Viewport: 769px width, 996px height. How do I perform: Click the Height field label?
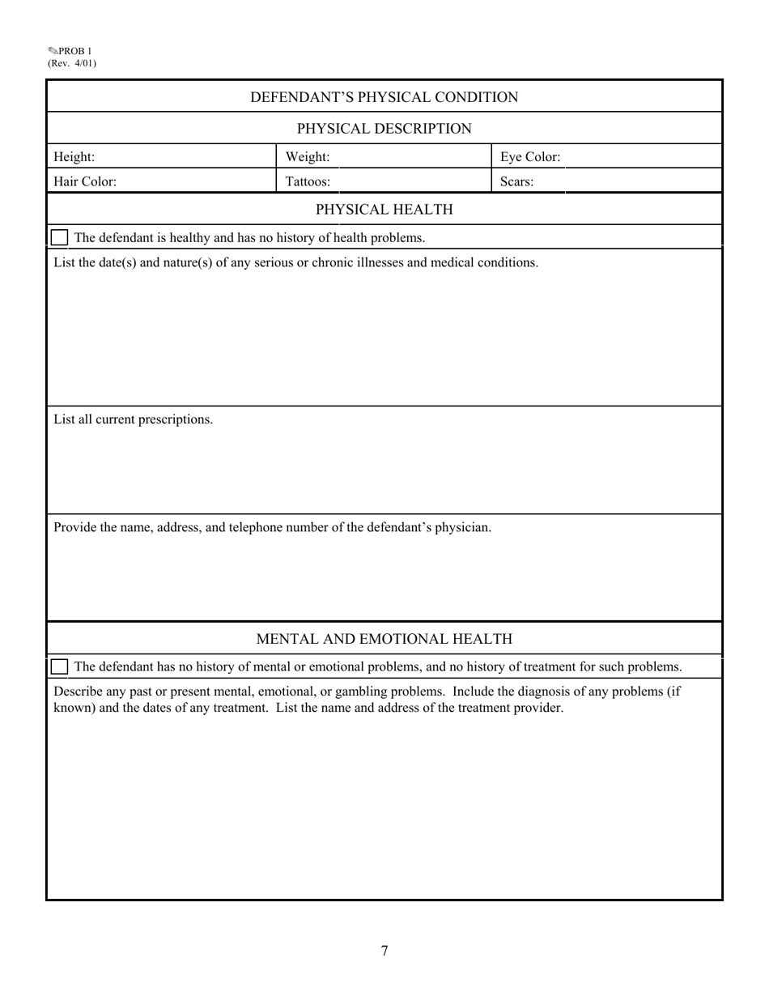coord(74,157)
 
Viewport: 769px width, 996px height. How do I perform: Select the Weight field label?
coord(308,157)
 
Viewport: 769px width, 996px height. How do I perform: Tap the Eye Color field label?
coord(530,157)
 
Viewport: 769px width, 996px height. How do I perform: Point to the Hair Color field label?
coord(85,181)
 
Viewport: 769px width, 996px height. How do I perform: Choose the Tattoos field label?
coord(308,181)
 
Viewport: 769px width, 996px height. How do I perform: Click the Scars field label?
coord(516,181)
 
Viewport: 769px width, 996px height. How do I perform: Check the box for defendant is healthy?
coord(59,237)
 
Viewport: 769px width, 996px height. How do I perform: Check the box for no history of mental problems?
coord(59,666)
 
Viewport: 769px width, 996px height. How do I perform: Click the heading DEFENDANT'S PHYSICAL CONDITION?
coord(384,97)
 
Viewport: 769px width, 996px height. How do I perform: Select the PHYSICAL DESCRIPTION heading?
coord(384,129)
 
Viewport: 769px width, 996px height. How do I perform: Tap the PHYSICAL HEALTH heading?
coord(384,210)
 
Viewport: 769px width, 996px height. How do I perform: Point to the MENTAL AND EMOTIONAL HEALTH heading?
coord(384,639)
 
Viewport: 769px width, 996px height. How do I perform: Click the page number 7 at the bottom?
coord(384,951)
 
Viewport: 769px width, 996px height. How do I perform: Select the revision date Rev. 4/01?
coord(72,63)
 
